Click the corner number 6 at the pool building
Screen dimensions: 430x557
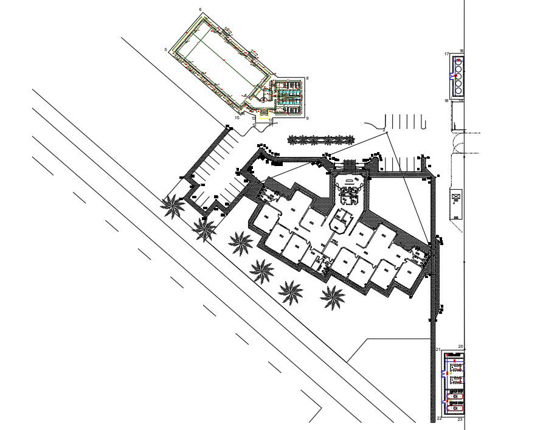pos(200,10)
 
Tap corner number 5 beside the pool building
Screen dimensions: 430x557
pos(165,49)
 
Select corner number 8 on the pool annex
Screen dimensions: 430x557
pos(308,78)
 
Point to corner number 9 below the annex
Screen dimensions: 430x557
pos(308,118)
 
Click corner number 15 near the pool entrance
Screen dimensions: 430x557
pos(237,117)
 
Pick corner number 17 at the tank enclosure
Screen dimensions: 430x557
pos(446,54)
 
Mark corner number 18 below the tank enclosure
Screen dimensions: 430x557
pos(446,101)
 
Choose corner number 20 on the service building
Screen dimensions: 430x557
pos(461,347)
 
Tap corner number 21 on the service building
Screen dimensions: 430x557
pos(438,350)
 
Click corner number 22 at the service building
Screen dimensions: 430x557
pos(439,419)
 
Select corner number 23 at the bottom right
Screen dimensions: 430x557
pos(460,420)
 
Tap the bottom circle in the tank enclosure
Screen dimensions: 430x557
pos(458,91)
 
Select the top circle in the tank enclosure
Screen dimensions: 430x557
pos(458,61)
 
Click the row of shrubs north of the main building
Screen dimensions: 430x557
pos(320,140)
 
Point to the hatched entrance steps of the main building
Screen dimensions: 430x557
pos(350,165)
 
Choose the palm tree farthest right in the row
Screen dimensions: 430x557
pos(333,296)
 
